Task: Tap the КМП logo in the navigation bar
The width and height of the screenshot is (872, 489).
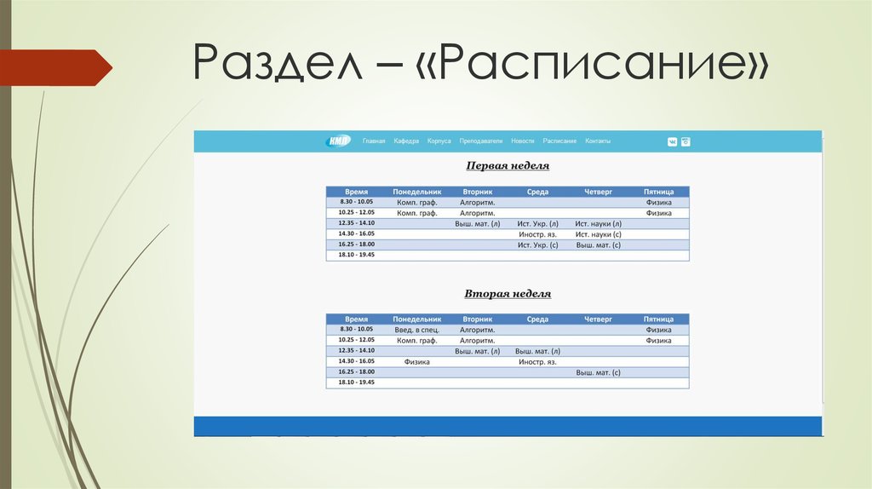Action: pos(338,141)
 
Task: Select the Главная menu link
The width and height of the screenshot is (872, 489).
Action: pos(374,141)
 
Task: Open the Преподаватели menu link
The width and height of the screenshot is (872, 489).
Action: pos(481,141)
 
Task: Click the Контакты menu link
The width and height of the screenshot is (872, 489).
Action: pos(598,141)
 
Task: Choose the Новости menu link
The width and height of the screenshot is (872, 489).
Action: pos(523,141)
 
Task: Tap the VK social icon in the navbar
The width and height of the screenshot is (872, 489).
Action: pos(672,142)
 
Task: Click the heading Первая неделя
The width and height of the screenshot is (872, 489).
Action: pos(508,166)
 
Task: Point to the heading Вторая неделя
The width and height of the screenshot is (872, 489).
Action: pos(508,294)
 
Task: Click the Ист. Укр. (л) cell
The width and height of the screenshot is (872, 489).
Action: pos(537,224)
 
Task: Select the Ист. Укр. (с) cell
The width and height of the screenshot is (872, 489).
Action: pos(537,245)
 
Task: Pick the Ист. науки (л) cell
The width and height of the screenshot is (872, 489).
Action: pos(598,224)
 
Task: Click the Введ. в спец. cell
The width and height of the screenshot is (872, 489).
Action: pos(416,330)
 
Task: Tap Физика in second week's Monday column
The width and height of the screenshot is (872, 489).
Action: pos(416,362)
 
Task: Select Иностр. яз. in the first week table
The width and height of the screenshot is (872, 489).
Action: pos(537,234)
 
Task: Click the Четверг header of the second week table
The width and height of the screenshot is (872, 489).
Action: pos(598,319)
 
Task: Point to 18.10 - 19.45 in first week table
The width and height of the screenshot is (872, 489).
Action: pos(356,255)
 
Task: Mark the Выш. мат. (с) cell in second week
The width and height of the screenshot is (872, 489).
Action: pos(598,372)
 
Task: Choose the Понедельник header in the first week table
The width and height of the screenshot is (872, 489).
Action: pos(416,193)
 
